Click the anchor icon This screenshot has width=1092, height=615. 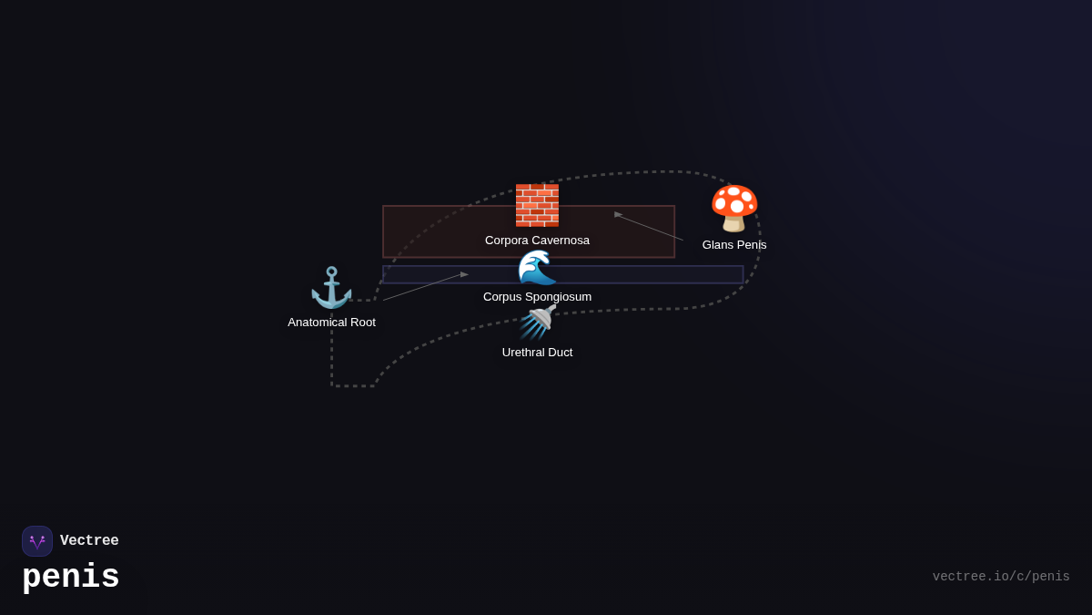tap(331, 288)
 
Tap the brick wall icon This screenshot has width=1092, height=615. tap(537, 205)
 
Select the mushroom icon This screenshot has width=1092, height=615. tap(734, 209)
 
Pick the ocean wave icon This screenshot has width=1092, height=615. tap(537, 267)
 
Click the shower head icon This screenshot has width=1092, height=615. tap(537, 323)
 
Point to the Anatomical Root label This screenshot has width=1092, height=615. tap(331, 323)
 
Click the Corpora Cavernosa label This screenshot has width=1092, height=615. tap(537, 241)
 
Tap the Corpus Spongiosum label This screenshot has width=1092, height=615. tap(537, 297)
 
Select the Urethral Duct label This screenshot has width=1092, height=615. tap(537, 353)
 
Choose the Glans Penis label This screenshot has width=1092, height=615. tap(734, 245)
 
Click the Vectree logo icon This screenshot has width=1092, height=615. tap(37, 541)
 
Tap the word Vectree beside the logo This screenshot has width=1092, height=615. tap(89, 541)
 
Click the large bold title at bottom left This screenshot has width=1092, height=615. tap(71, 578)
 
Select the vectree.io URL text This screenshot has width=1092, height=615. tap(1001, 577)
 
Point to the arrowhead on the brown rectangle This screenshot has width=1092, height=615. tap(619, 215)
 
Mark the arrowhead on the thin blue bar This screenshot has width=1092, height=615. tap(464, 274)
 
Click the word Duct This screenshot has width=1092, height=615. tap(559, 353)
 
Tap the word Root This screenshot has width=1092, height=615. tap(360, 323)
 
